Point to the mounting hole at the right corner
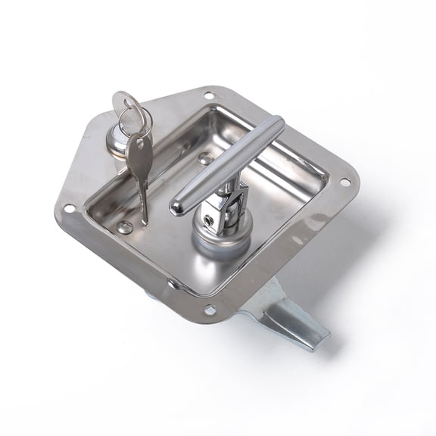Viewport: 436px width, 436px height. [345, 182]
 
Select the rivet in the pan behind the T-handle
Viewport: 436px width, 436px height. [205, 159]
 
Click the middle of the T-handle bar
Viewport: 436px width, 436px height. [227, 164]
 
